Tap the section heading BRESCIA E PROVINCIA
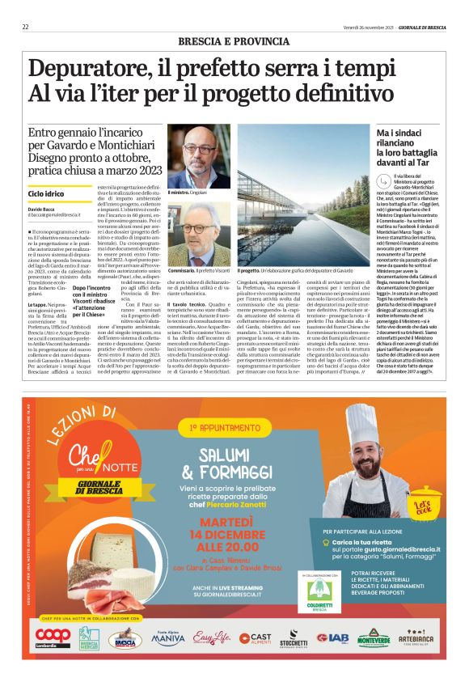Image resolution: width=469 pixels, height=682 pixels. click(x=234, y=40)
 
